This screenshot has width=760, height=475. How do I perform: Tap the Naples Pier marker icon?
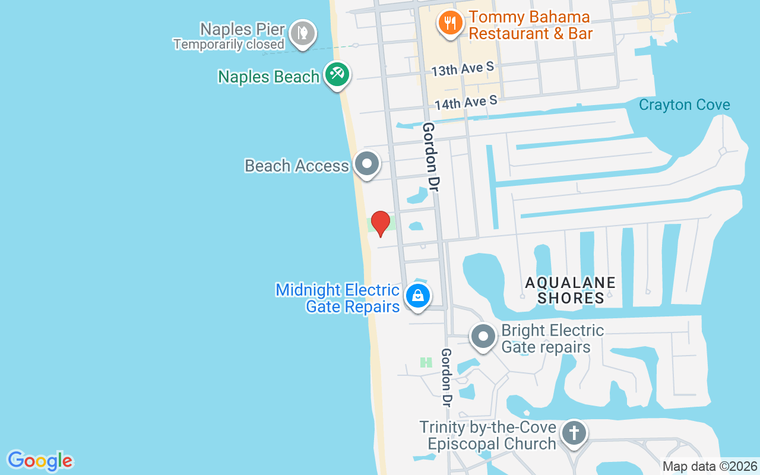[x=303, y=33]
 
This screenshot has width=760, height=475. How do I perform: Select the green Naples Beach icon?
[x=337, y=74]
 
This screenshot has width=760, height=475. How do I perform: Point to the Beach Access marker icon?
[x=367, y=163]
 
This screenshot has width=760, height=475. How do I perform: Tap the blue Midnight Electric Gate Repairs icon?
[x=418, y=295]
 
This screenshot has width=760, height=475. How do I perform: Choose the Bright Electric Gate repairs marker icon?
[x=483, y=337]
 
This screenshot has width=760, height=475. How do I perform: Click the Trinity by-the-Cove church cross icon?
[x=574, y=432]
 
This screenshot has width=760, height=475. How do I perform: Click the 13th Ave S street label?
[x=463, y=69]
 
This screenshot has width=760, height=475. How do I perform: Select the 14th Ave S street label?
[x=465, y=103]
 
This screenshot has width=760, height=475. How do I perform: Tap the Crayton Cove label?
[x=684, y=105]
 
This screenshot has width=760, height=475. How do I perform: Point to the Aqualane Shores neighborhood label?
[x=571, y=290]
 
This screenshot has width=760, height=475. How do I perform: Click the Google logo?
[x=40, y=460]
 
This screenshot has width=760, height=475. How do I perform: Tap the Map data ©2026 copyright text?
[x=710, y=466]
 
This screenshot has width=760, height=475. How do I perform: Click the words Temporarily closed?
[x=229, y=44]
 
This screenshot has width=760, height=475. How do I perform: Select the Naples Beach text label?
[x=269, y=77]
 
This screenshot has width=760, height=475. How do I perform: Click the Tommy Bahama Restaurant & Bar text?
[x=531, y=26]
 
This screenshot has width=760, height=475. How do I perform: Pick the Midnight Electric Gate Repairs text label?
[x=338, y=298]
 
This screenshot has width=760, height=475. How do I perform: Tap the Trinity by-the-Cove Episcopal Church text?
[x=488, y=435]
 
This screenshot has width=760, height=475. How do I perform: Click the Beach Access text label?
[x=297, y=166]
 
